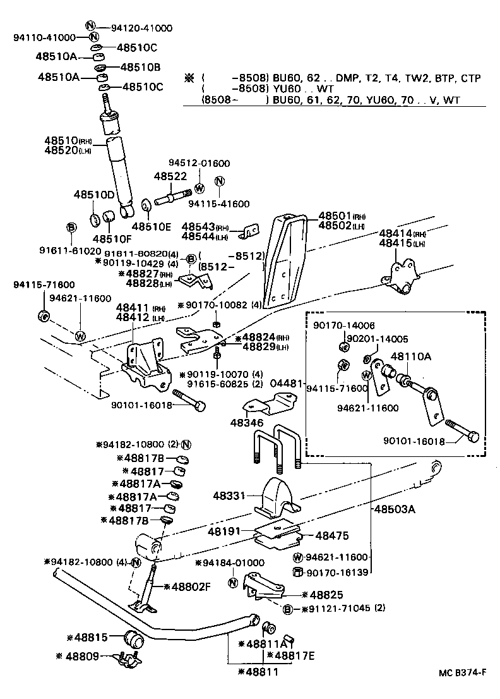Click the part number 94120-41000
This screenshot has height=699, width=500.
pyautogui.click(x=141, y=28)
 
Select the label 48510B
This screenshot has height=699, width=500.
pyautogui.click(x=140, y=67)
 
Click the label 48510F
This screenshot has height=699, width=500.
pyautogui.click(x=113, y=239)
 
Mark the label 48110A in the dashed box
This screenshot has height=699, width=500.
pyautogui.click(x=411, y=356)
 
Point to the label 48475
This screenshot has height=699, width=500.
pyautogui.click(x=331, y=536)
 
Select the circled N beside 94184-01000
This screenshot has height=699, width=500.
pyautogui.click(x=232, y=582)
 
